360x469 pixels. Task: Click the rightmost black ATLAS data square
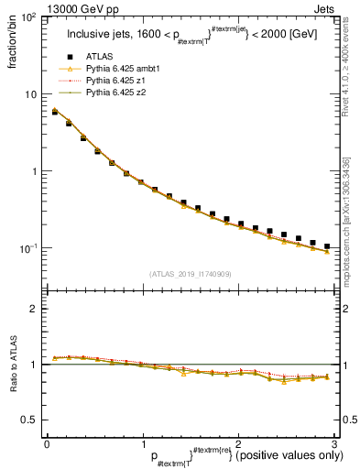327,246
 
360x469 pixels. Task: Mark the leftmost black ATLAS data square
55,112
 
